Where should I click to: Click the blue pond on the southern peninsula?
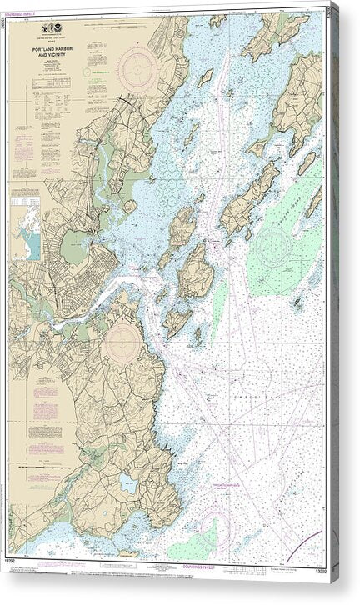click(x=127, y=482)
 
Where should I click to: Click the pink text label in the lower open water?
click(x=219, y=464)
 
